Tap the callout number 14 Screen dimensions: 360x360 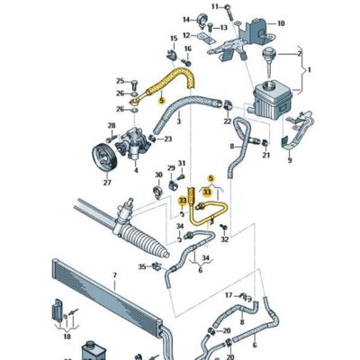coord(187,19)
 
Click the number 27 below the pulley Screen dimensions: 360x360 coord(107,182)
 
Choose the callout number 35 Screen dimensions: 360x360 coord(142,268)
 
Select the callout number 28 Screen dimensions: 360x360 coord(112,126)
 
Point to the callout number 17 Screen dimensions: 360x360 coord(229,294)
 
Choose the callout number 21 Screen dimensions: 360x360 coord(266,155)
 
